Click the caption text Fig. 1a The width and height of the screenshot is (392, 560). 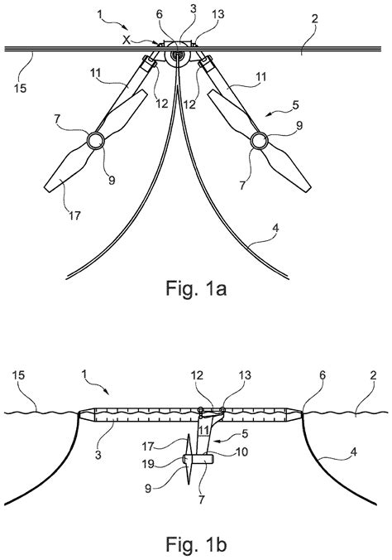(x=196, y=289)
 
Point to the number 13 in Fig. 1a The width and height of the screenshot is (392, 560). (x=195, y=14)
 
